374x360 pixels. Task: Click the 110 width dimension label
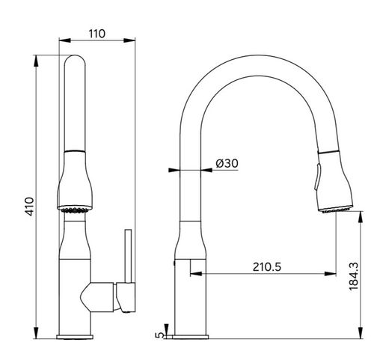pos(97,34)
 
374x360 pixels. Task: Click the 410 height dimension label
pos(30,207)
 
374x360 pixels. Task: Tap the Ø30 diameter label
pos(227,163)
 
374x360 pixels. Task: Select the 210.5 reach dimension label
pos(267,267)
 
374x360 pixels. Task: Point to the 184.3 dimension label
pos(354,276)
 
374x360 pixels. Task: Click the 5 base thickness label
pos(160,335)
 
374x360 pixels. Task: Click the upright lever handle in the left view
pos(128,256)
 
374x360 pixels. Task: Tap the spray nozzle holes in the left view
pos(75,210)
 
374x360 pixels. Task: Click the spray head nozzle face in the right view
pos(336,209)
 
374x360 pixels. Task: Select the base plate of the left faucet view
pos(75,337)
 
